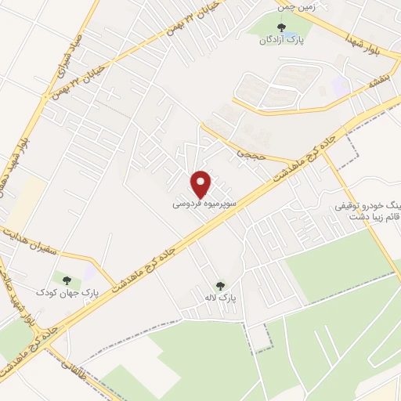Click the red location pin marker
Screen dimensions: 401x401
point(202,184)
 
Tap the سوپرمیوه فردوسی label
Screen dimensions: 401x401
point(202,203)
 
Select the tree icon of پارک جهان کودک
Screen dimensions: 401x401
point(66,280)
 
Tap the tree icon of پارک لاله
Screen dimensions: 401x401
point(219,286)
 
